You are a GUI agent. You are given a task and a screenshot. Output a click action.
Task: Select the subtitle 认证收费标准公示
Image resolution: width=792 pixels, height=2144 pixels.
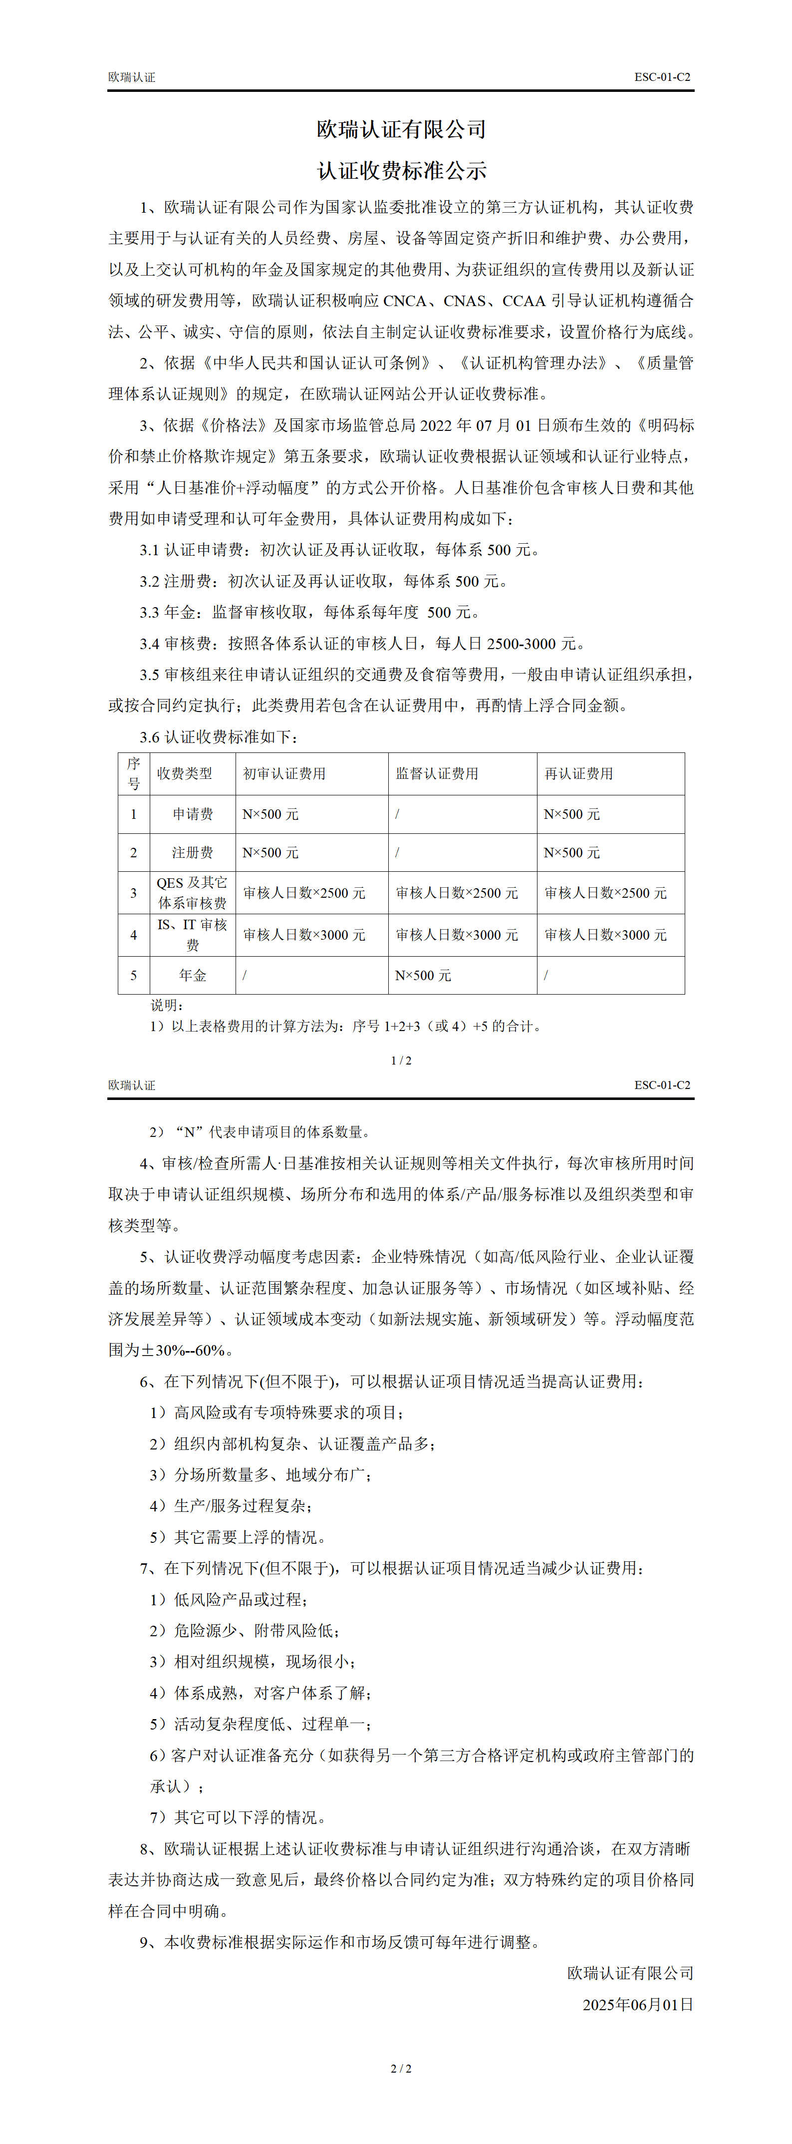[x=401, y=171]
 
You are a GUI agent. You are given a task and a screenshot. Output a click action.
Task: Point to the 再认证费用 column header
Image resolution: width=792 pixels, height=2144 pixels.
[x=578, y=774]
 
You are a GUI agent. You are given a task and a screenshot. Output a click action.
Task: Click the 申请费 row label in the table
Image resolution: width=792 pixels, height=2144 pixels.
[x=192, y=814]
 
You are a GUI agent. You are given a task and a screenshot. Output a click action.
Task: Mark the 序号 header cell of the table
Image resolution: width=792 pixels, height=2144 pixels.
[x=133, y=774]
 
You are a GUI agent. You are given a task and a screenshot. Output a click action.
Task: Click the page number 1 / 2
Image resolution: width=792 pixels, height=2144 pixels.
[x=401, y=1061]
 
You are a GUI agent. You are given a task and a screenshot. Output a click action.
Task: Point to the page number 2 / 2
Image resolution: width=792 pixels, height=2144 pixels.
[x=401, y=2068]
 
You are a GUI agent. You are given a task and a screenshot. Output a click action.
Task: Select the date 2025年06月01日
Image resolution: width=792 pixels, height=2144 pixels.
[x=637, y=2004]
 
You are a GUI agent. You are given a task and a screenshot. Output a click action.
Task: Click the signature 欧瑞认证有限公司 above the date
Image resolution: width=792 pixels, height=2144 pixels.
[x=630, y=1973]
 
